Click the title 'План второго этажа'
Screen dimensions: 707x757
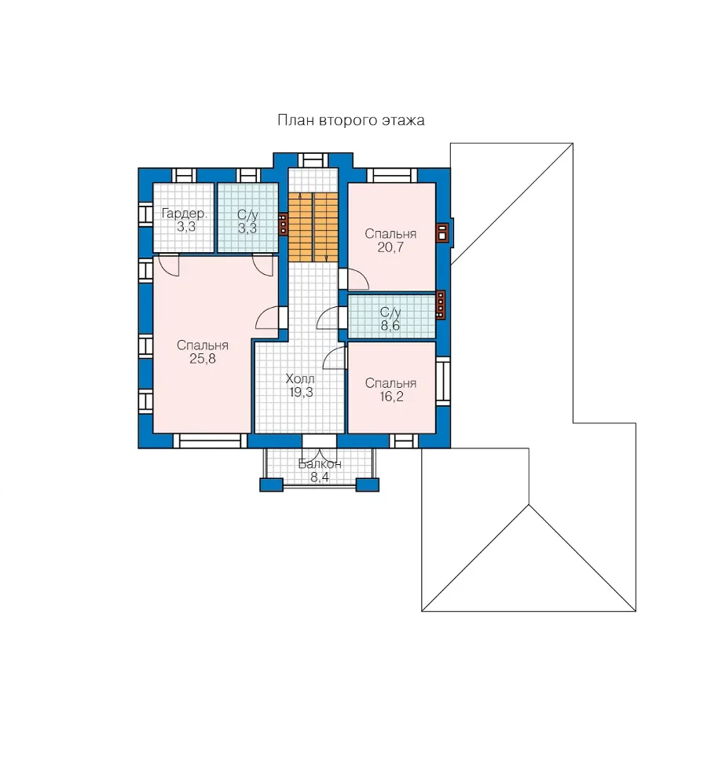[x=351, y=120]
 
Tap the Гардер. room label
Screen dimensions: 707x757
[x=184, y=214]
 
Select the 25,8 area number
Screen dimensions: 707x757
[x=203, y=359]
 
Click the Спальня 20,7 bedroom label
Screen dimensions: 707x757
[x=390, y=240]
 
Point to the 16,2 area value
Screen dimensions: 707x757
[x=391, y=397]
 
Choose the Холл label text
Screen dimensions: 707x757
[x=300, y=378]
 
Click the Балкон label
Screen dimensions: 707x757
[x=320, y=464]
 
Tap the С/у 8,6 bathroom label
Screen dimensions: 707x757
[x=390, y=319]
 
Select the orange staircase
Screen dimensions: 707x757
[x=313, y=227]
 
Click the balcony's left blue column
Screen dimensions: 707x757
[x=271, y=485]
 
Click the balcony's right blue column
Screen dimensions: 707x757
[x=368, y=485]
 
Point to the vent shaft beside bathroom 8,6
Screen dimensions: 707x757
[x=441, y=305]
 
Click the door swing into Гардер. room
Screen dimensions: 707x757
[x=169, y=265]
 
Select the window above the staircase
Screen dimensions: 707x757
[x=313, y=160]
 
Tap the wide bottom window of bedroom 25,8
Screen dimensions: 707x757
[x=210, y=441]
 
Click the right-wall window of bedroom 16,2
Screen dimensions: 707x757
[x=443, y=381]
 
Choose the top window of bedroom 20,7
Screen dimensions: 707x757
[x=392, y=175]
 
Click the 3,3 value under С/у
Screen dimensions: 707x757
[x=247, y=229]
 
